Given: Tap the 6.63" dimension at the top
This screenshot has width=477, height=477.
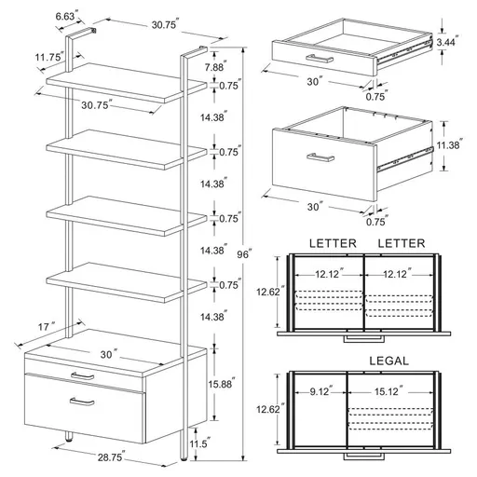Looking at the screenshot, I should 65,16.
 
